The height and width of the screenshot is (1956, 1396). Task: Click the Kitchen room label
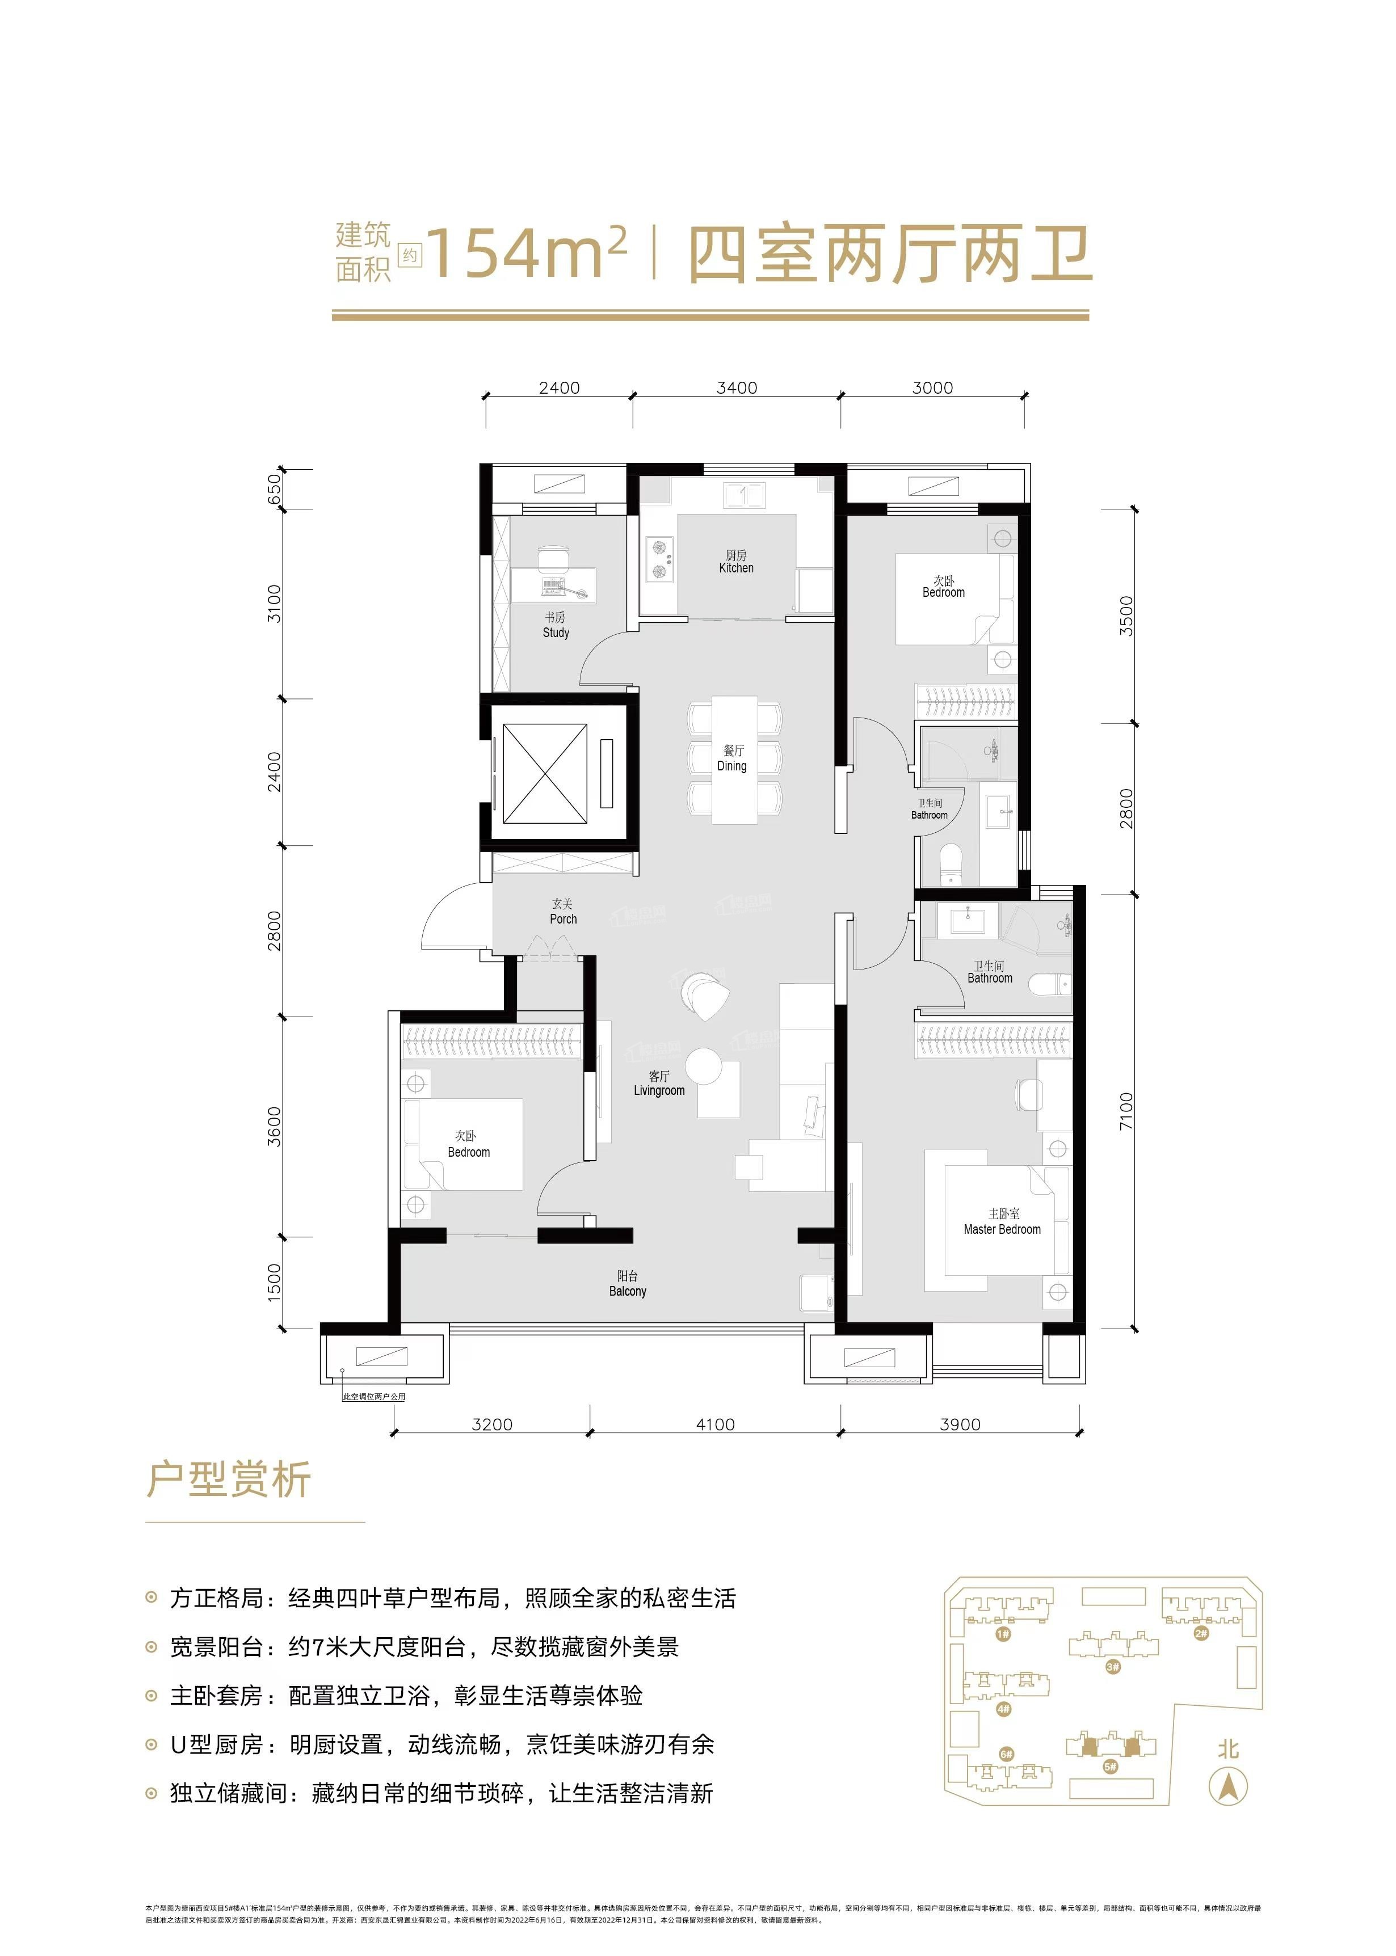click(x=736, y=562)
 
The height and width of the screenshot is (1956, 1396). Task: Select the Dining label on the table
click(x=733, y=759)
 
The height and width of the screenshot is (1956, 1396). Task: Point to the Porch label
click(x=563, y=911)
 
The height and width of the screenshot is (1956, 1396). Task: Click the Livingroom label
click(x=659, y=1084)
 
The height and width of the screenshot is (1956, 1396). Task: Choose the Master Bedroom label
click(x=1002, y=1222)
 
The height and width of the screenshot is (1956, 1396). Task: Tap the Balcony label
click(x=628, y=1284)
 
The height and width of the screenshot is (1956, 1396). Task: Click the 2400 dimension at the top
click(x=560, y=387)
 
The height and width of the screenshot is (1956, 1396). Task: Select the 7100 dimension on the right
click(x=1126, y=1110)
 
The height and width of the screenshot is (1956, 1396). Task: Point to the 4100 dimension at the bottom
click(x=715, y=1425)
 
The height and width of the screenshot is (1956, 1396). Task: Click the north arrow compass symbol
click(x=1229, y=1788)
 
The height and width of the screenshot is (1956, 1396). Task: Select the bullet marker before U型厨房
click(x=152, y=1739)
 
